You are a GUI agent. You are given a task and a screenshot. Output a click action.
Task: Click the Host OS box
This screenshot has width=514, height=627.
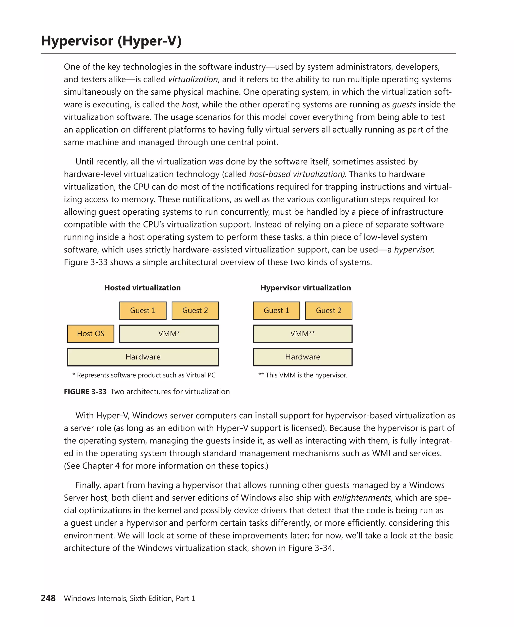pos(91,334)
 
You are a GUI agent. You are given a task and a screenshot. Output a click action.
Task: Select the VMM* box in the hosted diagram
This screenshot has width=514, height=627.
pos(169,334)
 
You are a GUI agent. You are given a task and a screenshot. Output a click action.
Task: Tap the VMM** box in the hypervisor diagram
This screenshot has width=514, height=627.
pos(302,334)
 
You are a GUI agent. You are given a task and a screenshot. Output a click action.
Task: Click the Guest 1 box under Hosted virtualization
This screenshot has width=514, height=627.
pos(143,310)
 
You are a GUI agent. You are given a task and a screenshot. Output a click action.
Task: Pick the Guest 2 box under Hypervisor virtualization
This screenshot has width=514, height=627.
pos(328,310)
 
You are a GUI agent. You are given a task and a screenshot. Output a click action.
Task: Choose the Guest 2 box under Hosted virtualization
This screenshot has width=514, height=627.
pos(195,310)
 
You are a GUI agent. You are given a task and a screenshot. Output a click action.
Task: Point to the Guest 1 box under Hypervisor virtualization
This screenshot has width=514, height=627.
pos(276,310)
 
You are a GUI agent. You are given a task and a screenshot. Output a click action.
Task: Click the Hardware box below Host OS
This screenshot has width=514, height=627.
pos(143,357)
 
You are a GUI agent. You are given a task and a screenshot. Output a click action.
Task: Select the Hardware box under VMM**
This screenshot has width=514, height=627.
pos(302,357)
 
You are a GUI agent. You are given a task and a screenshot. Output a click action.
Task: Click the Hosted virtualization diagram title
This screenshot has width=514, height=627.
pos(142,288)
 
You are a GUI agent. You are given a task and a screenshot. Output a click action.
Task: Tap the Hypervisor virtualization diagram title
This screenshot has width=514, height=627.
pos(305,288)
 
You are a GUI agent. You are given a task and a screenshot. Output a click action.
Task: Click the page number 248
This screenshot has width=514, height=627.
pos(48,598)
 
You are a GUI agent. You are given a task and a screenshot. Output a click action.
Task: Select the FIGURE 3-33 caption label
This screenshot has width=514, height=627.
pos(85,392)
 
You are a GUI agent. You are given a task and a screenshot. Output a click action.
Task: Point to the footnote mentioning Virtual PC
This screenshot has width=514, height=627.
pos(144,375)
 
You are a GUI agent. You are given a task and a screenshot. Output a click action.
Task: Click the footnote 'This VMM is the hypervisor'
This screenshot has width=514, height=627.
pos(303,375)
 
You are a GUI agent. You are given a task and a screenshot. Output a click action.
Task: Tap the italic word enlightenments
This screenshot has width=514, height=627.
pos(361,498)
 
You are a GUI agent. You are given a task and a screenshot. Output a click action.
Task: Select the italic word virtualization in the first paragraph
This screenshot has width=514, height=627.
pos(193,79)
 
